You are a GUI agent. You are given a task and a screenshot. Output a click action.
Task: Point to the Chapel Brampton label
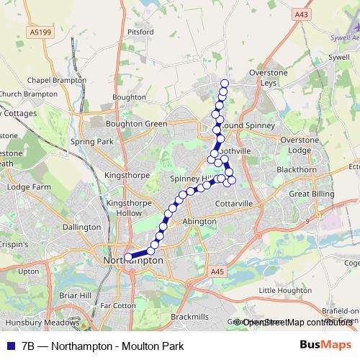point(52,81)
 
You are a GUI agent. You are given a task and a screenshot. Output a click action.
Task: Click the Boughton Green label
point(136,124)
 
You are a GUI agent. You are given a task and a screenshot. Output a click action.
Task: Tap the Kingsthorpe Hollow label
point(125,208)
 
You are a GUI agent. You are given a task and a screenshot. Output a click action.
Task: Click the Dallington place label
point(81,227)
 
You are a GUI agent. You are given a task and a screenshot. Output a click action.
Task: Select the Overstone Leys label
point(268,78)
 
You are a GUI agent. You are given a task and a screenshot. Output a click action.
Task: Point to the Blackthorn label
point(296,170)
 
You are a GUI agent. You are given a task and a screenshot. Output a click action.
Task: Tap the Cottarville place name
point(234,204)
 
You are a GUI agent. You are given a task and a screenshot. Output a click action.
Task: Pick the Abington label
point(200,222)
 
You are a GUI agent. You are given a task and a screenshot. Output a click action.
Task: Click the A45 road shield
point(218,271)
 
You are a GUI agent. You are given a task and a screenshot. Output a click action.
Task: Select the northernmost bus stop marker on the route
point(225,83)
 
